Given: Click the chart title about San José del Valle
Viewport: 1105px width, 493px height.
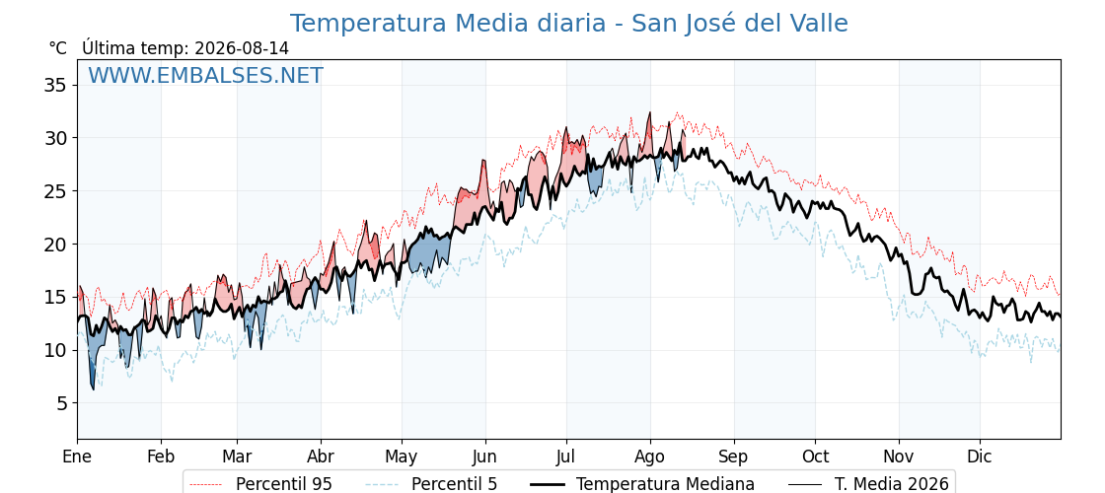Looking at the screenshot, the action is coord(568,24).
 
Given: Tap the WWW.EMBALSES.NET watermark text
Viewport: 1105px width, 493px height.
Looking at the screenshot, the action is coord(206,75).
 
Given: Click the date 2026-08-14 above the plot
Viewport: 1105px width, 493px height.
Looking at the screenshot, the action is coord(242,48).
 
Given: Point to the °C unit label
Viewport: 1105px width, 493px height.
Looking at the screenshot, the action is coord(58,48).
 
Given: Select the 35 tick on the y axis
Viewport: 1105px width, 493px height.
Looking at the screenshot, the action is coord(55,85).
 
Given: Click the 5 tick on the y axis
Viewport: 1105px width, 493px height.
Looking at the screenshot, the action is coord(61,403).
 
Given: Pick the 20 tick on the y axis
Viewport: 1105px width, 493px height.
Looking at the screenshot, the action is coord(55,245).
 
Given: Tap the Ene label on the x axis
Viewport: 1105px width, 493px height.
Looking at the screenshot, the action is coord(78,458).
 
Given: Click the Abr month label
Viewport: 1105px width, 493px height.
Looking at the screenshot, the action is coord(321,458).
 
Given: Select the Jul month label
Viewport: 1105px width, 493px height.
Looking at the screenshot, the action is coord(566,458).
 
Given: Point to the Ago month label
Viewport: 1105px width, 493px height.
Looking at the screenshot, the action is coord(650,458).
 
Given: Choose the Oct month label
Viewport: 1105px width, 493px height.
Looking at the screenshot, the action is coord(815,458).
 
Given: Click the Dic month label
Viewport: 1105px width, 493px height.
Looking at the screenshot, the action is coord(980,458).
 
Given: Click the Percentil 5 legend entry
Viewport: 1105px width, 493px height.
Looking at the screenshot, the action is coord(432,484).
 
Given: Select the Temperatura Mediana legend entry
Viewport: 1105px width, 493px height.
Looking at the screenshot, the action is coord(642,484).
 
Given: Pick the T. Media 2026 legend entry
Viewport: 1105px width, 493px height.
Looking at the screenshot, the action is coord(869,484).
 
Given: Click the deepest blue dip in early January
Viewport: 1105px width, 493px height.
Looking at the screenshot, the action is coord(93,388).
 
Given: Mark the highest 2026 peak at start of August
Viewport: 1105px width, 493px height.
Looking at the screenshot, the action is coord(650,112).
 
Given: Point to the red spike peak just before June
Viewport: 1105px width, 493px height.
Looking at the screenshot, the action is coord(484,161).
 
